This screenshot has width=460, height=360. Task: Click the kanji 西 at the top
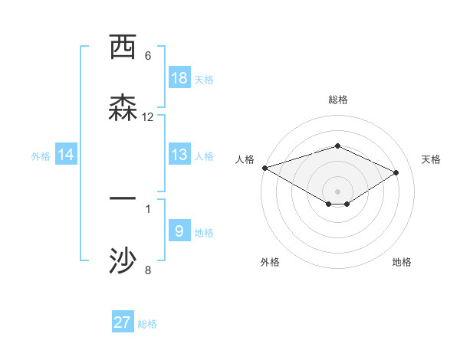[x=123, y=47]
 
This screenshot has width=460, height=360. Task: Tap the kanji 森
[x=123, y=107]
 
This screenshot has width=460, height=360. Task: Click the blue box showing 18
[x=179, y=77]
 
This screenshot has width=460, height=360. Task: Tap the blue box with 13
[x=179, y=155]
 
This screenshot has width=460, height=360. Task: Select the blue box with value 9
[x=179, y=231]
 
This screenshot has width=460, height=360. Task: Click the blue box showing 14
[x=66, y=155]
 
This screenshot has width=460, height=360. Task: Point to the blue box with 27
[x=123, y=322]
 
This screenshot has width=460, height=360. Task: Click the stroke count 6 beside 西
[x=148, y=56]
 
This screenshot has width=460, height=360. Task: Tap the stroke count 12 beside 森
[x=148, y=116]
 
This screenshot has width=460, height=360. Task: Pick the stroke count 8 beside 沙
[x=148, y=270]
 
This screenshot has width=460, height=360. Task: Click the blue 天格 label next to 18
[x=204, y=79]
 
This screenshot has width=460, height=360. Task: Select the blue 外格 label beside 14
[x=41, y=155]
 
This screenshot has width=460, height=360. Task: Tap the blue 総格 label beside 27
[x=147, y=324]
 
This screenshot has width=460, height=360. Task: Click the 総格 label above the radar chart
[x=337, y=100]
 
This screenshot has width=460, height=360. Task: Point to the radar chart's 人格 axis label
[x=245, y=159]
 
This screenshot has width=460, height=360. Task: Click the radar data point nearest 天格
[x=396, y=173]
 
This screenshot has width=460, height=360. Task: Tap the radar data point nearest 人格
[x=264, y=168]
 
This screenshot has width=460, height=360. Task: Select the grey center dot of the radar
[x=337, y=191]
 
